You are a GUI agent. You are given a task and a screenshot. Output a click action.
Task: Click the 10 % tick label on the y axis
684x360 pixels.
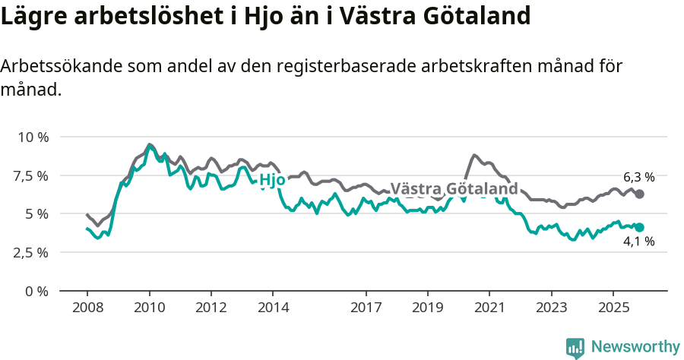click(x=33, y=137)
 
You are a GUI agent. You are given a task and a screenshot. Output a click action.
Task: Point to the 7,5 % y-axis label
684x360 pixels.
click(x=32, y=175)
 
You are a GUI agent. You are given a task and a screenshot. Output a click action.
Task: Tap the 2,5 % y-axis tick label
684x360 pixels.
click(x=32, y=252)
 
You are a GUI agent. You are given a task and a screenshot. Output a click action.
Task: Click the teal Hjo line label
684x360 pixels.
click(x=272, y=180)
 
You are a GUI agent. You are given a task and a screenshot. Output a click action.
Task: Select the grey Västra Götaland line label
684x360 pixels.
click(x=454, y=188)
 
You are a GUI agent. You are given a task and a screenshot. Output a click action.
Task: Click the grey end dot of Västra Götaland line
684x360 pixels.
click(x=640, y=194)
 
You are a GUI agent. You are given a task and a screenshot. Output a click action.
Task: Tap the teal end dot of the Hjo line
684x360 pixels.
click(x=640, y=227)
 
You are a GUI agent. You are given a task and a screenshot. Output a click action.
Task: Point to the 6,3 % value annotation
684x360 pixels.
click(x=638, y=177)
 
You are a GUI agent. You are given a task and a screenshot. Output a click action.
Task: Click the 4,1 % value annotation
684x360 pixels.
click(x=638, y=242)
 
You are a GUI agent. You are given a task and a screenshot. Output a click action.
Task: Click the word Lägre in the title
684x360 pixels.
click(x=31, y=17)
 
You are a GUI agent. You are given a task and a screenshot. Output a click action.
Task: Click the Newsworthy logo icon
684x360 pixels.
click(x=575, y=347)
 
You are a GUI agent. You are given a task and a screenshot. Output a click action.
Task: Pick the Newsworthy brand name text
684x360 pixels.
click(x=635, y=347)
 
